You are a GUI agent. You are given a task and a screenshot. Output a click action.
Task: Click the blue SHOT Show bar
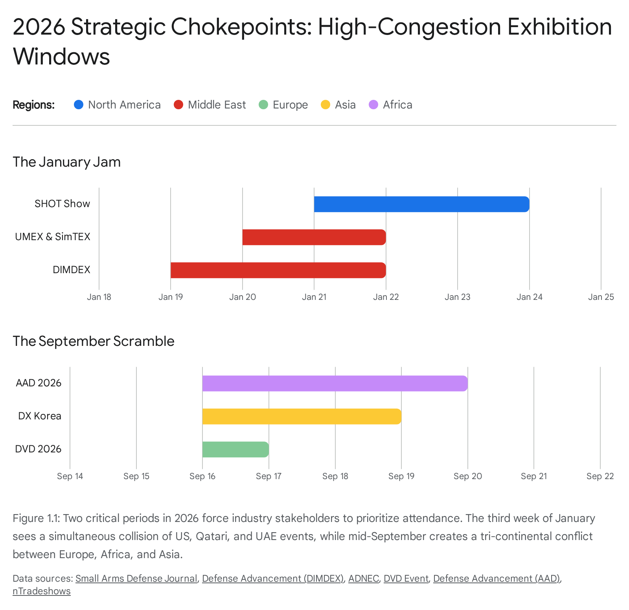(x=421, y=204)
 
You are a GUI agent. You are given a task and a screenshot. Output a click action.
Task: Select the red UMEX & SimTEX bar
(x=314, y=237)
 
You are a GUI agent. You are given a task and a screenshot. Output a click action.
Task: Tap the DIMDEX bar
(x=278, y=270)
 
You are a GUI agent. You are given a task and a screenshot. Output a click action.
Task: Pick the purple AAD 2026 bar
(x=335, y=383)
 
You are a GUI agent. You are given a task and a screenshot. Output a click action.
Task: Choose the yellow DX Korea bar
(x=302, y=416)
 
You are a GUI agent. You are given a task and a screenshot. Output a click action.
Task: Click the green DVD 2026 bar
(x=235, y=449)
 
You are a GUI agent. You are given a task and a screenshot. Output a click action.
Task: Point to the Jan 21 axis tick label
(x=314, y=297)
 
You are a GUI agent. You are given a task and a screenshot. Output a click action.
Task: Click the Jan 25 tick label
(x=601, y=297)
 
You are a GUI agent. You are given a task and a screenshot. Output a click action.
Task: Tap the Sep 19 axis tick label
(x=401, y=476)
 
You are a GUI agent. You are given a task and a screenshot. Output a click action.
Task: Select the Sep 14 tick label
(x=70, y=476)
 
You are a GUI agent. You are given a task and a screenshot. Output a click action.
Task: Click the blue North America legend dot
(x=79, y=105)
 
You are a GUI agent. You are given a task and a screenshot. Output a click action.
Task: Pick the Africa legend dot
(x=373, y=105)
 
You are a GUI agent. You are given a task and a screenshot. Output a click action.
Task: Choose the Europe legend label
(x=290, y=105)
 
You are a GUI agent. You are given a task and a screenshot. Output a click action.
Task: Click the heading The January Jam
(x=66, y=162)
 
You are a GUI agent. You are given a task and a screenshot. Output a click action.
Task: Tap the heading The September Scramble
(x=93, y=341)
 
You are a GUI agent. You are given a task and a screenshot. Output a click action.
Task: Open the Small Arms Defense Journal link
(x=136, y=579)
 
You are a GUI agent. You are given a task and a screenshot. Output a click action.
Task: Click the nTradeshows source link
(x=41, y=591)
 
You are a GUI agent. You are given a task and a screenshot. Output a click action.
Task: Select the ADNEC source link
(x=363, y=579)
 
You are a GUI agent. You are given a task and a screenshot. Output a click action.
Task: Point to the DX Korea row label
(x=40, y=416)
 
